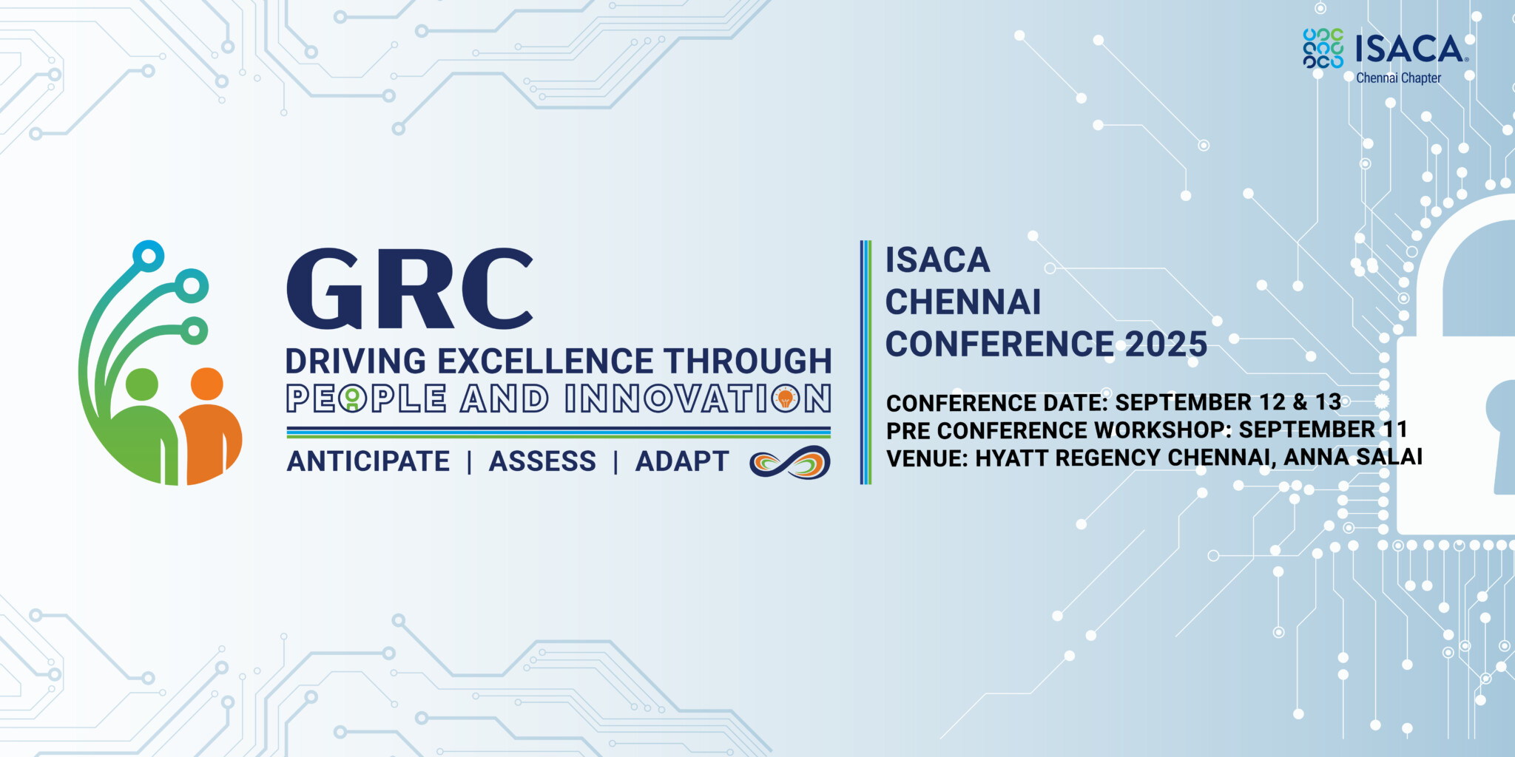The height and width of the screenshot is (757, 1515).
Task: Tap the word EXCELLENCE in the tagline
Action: tap(545, 361)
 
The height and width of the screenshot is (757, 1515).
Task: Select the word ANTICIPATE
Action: tap(368, 461)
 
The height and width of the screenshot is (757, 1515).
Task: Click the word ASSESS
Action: tap(542, 461)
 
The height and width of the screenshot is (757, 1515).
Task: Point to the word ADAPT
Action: tap(682, 461)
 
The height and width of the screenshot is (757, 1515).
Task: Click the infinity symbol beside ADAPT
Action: tap(789, 462)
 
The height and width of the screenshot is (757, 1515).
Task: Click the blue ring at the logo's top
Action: tap(148, 256)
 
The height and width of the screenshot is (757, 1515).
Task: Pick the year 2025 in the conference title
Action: tap(1166, 344)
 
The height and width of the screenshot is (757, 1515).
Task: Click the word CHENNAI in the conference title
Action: tap(963, 302)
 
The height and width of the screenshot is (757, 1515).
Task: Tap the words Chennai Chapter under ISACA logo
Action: tap(1398, 78)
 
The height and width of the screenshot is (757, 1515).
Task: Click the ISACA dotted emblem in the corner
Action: tap(1323, 49)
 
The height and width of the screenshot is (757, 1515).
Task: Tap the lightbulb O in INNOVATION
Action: tap(786, 399)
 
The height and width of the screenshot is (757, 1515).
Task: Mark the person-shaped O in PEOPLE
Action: tap(353, 399)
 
